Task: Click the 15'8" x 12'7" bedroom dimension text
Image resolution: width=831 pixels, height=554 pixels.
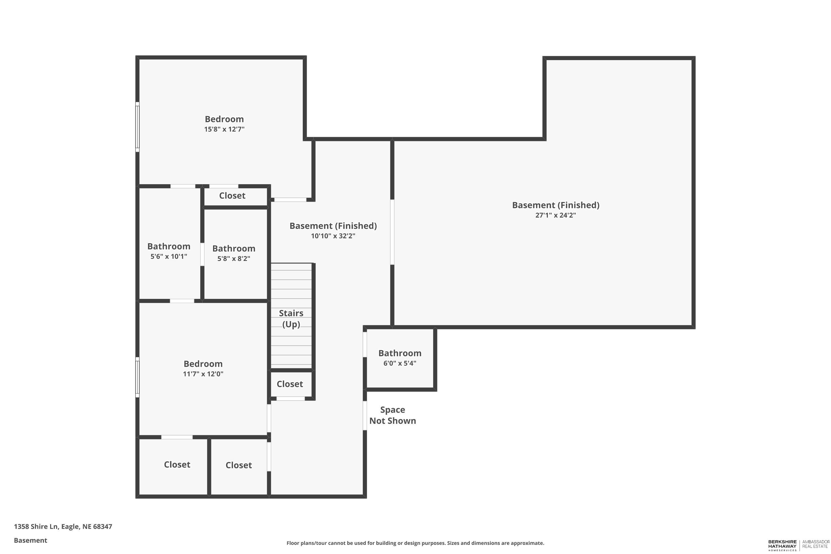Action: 224,129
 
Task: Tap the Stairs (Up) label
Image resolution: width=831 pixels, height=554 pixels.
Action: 291,319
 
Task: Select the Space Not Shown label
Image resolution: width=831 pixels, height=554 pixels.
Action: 392,415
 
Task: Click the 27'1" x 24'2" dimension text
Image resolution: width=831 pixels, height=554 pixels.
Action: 555,215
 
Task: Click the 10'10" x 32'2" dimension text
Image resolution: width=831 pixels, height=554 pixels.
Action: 333,236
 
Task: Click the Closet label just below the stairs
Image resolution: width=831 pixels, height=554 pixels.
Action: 290,384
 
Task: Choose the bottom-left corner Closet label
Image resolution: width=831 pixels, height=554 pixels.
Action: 177,465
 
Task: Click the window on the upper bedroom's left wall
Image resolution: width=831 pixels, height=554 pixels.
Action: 137,127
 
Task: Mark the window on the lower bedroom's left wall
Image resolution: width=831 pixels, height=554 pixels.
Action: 137,377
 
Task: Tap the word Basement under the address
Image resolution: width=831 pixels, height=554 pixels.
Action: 30,540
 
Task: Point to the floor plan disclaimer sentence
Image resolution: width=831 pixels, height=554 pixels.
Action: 415,543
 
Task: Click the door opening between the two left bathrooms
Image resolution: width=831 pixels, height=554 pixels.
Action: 202,254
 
